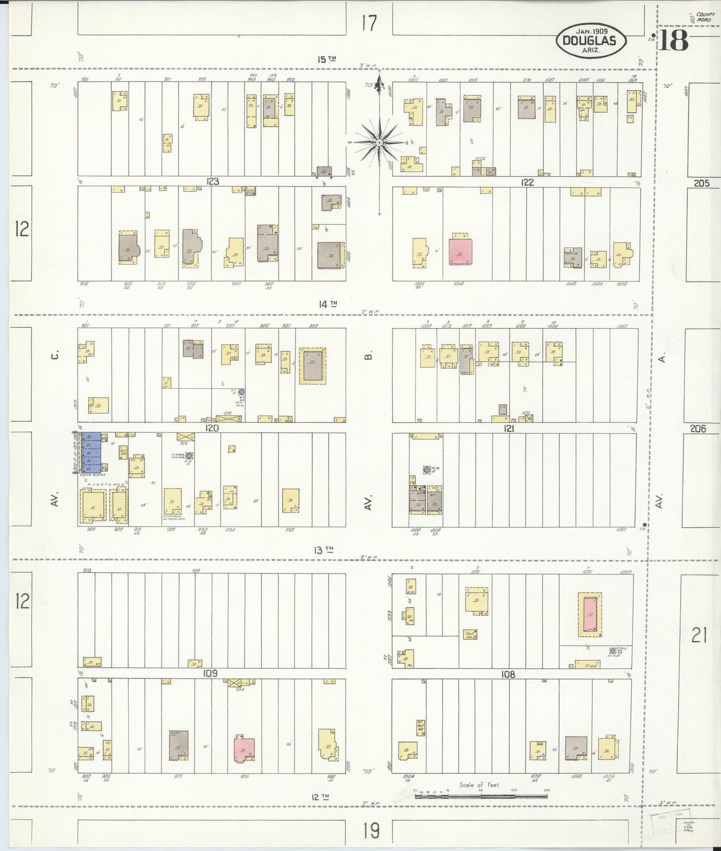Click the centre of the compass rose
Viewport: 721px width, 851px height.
coord(379,142)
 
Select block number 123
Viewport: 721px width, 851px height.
coord(213,182)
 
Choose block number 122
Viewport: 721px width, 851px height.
coord(527,183)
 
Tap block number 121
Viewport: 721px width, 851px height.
coord(509,428)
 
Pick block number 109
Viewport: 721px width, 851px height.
coord(210,673)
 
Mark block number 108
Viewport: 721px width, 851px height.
coord(508,674)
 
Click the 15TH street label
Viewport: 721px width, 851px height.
coord(327,59)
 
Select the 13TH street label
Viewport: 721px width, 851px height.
coord(323,550)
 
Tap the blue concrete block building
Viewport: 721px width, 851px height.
coord(91,453)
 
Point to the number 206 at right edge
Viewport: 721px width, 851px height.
coord(698,428)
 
